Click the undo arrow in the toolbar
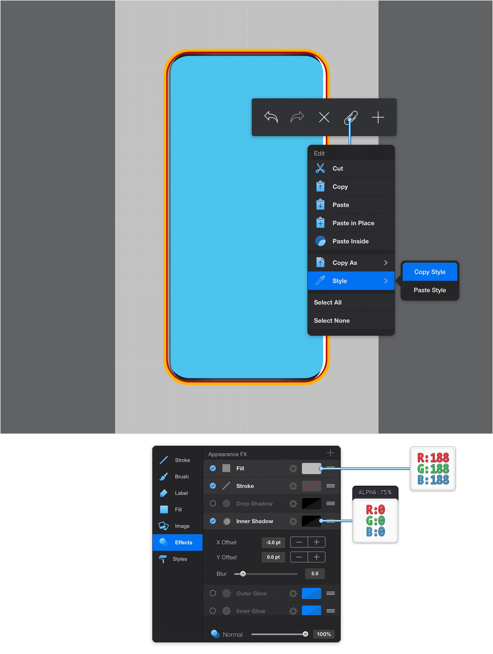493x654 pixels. (271, 117)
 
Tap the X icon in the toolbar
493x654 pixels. (324, 118)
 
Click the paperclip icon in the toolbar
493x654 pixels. (351, 118)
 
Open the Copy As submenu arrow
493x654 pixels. (386, 263)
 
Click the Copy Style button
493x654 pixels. (430, 272)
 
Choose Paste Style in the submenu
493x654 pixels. (430, 290)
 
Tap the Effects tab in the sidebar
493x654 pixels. (177, 543)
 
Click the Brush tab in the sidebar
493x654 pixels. (177, 477)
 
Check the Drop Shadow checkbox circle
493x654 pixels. (213, 503)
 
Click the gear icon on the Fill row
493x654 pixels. (293, 468)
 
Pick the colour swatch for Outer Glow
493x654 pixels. (311, 593)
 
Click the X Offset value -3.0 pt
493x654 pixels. (273, 543)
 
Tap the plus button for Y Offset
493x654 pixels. (317, 557)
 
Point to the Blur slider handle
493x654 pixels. (243, 574)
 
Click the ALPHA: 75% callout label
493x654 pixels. (375, 492)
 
